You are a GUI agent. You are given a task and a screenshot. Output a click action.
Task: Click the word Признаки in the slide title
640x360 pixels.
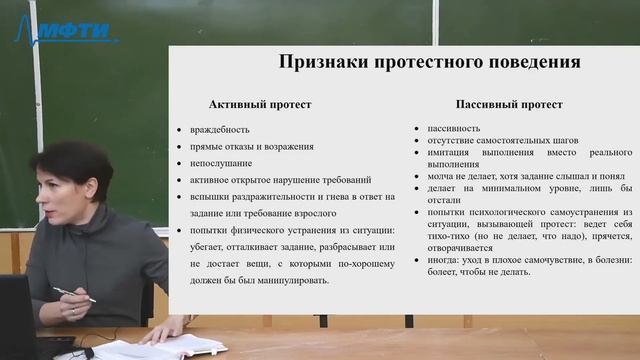(320, 63)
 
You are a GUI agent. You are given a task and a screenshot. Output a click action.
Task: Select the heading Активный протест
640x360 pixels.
(260, 104)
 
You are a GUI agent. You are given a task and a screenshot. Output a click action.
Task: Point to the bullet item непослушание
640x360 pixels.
(221, 163)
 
